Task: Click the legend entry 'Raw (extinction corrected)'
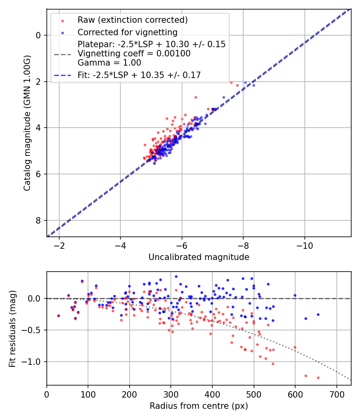click(x=132, y=20)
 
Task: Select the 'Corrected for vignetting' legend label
click(x=127, y=32)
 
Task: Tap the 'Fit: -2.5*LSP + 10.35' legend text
click(x=139, y=75)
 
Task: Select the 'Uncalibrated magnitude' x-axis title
click(x=199, y=257)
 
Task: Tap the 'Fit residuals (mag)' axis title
click(x=12, y=328)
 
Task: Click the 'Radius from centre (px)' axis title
click(x=199, y=406)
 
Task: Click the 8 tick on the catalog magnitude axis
click(x=38, y=220)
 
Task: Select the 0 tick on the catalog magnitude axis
click(x=38, y=35)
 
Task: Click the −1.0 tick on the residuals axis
click(x=34, y=362)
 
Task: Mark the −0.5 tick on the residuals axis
click(x=34, y=330)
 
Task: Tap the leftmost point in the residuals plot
click(x=58, y=316)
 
